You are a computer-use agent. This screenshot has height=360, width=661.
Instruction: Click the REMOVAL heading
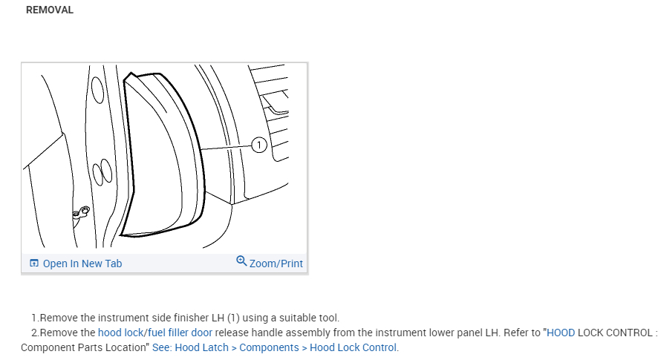pyautogui.click(x=50, y=10)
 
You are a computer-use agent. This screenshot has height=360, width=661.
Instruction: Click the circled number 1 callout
pyautogui.click(x=259, y=145)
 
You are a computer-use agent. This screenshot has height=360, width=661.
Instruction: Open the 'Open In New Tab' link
pyautogui.click(x=82, y=264)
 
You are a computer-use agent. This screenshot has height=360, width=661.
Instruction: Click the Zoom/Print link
pyautogui.click(x=276, y=264)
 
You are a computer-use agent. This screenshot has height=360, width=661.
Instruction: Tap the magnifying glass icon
pyautogui.click(x=241, y=261)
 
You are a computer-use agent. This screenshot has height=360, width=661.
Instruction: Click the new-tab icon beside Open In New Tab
pyautogui.click(x=34, y=264)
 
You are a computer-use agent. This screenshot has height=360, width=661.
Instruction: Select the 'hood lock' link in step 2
pyautogui.click(x=120, y=333)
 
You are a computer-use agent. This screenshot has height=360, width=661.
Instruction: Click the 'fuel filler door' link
pyautogui.click(x=180, y=333)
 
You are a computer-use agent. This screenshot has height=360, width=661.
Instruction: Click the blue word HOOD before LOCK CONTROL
pyautogui.click(x=561, y=333)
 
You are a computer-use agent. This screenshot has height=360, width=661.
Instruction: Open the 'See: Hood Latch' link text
pyautogui.click(x=190, y=347)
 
